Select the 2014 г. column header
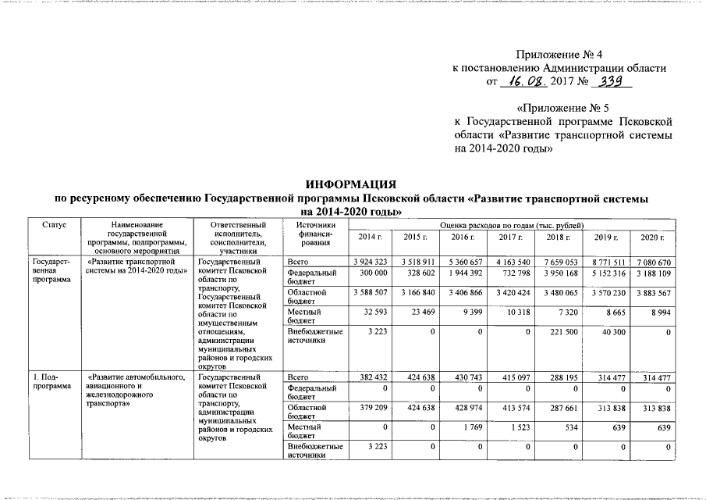click(369, 237)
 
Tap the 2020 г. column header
click(651, 237)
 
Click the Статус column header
click(52, 225)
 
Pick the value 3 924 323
click(370, 261)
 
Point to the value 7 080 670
click(652, 261)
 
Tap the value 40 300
click(609, 333)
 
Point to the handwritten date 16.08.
click(523, 81)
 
